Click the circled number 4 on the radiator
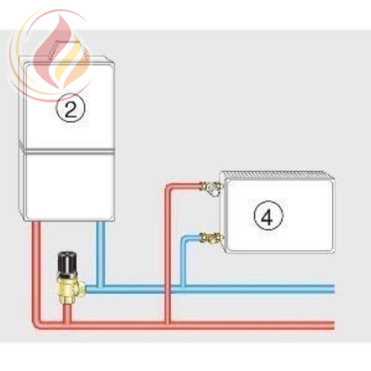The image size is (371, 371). click(x=268, y=215)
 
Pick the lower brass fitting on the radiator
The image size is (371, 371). click(x=211, y=237)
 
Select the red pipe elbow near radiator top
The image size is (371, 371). click(x=170, y=187)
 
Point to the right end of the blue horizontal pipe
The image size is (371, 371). click(x=334, y=289)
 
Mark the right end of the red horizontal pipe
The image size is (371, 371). click(x=334, y=325)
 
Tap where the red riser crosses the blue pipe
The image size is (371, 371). click(x=168, y=289)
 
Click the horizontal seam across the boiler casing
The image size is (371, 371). click(x=69, y=151)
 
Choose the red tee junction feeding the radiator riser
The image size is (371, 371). click(x=168, y=325)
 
